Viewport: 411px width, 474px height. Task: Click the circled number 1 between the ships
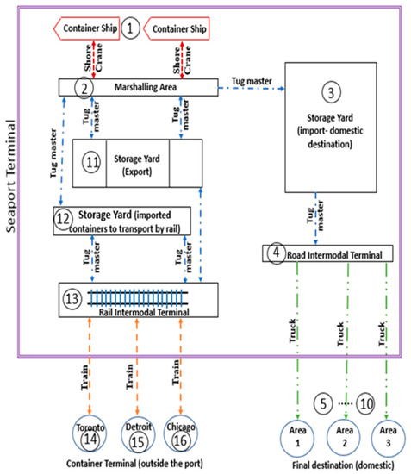coord(130,28)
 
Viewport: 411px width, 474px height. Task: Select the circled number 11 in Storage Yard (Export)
coord(94,161)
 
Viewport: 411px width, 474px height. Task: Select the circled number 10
coord(365,401)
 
